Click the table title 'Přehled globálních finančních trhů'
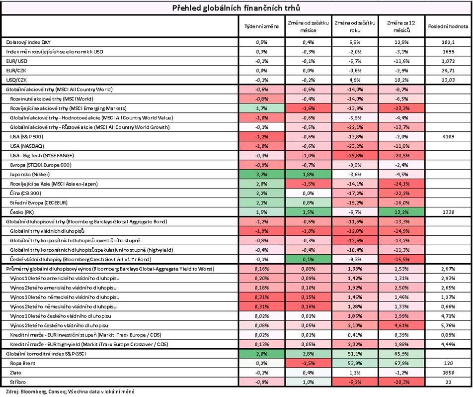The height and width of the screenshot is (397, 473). point(236,8)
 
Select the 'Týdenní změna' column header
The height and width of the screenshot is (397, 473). point(261,26)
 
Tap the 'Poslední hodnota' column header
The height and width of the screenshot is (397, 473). point(448,26)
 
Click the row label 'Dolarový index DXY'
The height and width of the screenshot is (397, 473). point(26,42)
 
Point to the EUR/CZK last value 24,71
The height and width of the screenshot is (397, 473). point(448,71)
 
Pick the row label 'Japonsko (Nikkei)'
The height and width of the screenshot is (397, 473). point(30,174)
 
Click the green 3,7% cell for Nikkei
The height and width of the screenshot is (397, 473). point(261,174)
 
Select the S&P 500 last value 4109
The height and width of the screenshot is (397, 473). point(448,137)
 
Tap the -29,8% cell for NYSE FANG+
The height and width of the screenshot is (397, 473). point(355,156)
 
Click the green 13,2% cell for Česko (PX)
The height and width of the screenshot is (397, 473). point(401,212)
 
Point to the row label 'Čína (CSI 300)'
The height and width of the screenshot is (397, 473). point(25,194)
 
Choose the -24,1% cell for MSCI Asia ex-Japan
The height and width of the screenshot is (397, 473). point(401,184)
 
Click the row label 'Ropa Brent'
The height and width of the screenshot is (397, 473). point(22,363)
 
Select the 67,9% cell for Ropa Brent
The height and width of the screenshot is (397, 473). point(401,363)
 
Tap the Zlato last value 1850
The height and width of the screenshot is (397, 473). point(448,373)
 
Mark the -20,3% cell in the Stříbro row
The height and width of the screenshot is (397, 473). point(401,382)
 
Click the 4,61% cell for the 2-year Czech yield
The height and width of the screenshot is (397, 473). point(401,325)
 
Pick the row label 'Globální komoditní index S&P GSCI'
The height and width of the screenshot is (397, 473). point(46,354)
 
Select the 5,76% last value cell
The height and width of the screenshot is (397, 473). point(448,325)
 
